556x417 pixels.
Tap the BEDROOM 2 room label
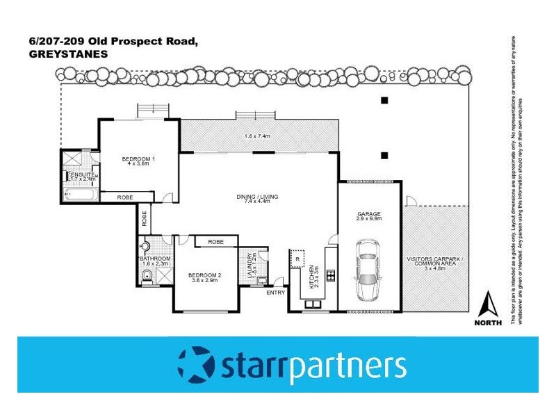coord(205,275)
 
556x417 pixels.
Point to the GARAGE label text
coord(369,214)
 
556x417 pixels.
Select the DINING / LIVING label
coord(256,197)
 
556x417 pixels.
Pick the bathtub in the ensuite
coord(78,195)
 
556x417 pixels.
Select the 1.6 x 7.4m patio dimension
coord(258,136)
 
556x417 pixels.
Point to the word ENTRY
coord(276,292)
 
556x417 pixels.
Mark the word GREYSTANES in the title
coord(59,53)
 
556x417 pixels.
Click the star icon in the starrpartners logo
coord(196,364)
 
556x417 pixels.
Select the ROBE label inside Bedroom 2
coord(215,242)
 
